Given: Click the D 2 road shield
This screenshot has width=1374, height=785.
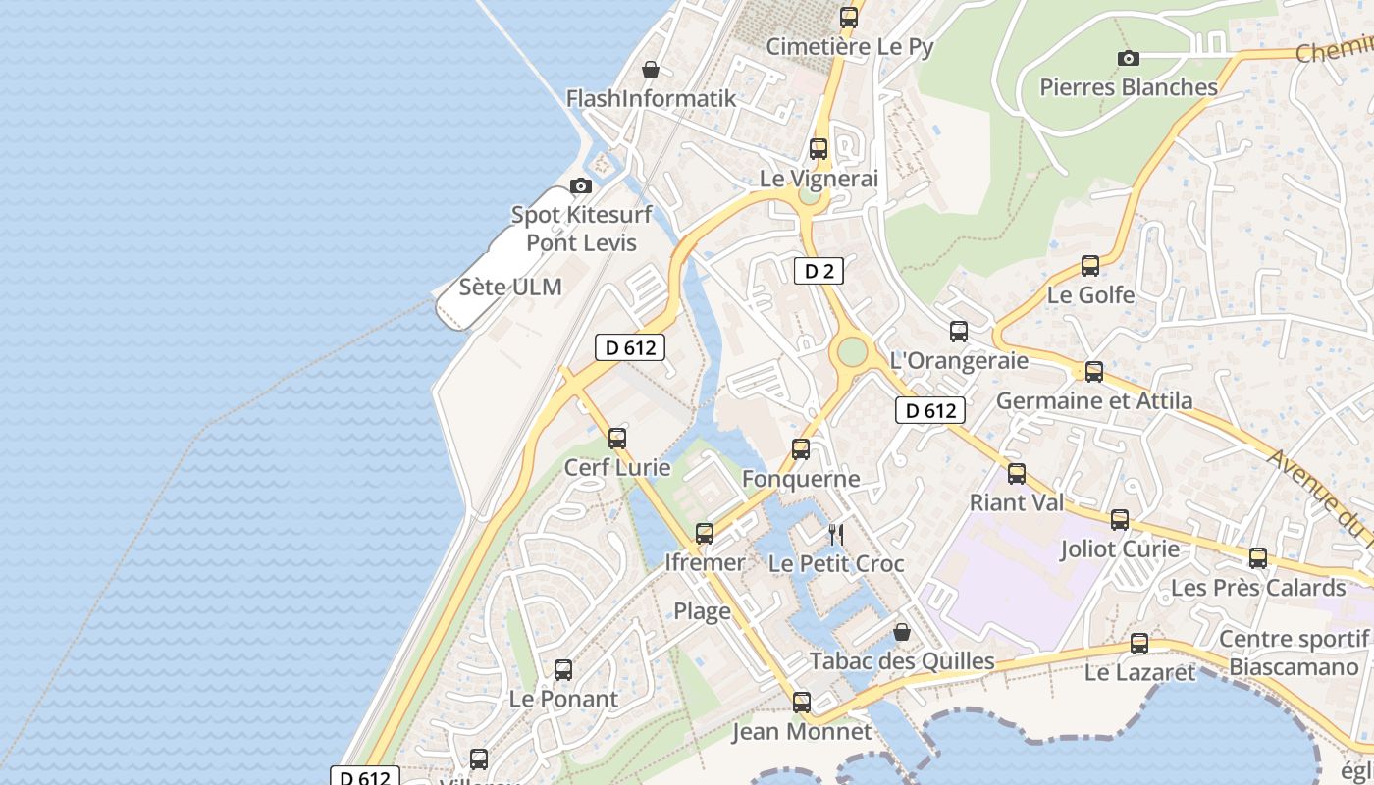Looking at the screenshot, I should (x=819, y=271).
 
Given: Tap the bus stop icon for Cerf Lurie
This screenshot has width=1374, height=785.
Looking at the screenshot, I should (x=617, y=439).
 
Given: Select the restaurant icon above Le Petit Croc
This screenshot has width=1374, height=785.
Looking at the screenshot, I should (x=835, y=535).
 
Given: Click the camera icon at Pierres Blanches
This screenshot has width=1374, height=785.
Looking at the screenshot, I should (x=1129, y=58).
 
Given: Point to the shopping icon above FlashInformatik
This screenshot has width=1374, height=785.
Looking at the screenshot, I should (x=650, y=70).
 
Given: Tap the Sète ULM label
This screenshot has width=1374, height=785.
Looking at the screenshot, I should (x=510, y=288).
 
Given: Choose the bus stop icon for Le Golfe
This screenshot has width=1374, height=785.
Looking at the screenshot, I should (x=1090, y=266).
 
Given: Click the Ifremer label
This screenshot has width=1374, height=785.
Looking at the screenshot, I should (x=705, y=563).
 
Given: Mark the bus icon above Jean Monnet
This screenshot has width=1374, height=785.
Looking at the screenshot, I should (x=802, y=703).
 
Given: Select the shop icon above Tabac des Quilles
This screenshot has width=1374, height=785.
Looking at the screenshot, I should (x=902, y=633).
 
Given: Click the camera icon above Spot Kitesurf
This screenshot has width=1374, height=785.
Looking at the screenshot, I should (x=581, y=185).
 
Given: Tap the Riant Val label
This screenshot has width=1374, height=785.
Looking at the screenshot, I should (x=1017, y=503).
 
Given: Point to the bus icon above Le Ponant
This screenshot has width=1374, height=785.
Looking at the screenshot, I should (x=563, y=670).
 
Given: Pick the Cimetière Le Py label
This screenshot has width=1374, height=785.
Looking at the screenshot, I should (x=849, y=46).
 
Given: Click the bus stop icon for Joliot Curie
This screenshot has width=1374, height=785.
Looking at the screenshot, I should (x=1120, y=520).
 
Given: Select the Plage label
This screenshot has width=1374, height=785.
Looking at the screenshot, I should (x=702, y=611).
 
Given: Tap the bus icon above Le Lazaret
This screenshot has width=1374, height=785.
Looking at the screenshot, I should (x=1139, y=644).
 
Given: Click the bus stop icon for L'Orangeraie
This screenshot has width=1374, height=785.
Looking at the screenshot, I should (x=959, y=332).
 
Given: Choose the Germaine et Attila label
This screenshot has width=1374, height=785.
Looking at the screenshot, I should (x=1094, y=400).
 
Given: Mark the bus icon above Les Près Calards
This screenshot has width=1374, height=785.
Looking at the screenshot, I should (x=1258, y=558).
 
